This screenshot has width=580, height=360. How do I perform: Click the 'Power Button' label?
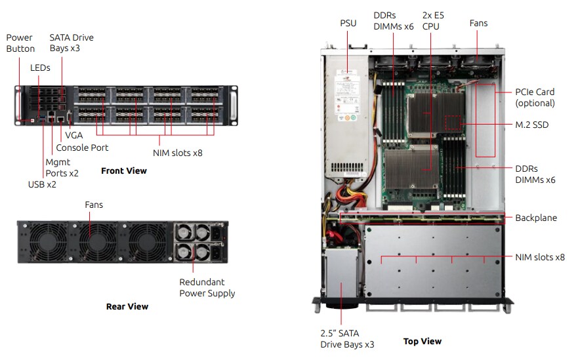[x=20, y=43]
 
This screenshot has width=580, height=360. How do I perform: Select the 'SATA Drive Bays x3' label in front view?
[x=72, y=43]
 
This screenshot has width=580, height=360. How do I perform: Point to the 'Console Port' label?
[x=82, y=148]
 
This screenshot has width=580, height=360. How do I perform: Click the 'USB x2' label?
[x=41, y=184]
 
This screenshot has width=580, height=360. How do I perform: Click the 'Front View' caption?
[x=123, y=170]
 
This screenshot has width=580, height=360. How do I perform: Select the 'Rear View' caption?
[x=127, y=306]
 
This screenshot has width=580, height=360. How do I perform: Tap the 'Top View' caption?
[x=422, y=341]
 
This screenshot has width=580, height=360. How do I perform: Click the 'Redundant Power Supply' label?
[x=207, y=288]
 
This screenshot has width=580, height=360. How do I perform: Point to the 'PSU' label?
[x=348, y=23]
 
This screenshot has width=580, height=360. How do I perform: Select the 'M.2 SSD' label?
[x=531, y=125]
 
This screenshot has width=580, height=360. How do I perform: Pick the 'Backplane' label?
[x=535, y=218]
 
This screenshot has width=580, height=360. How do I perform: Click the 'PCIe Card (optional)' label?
[x=535, y=98]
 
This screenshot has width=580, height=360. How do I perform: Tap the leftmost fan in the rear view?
[x=41, y=242]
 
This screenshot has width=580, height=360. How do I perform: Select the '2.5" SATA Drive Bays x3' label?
[x=347, y=339]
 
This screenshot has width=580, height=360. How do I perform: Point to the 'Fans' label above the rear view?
[x=94, y=205]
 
